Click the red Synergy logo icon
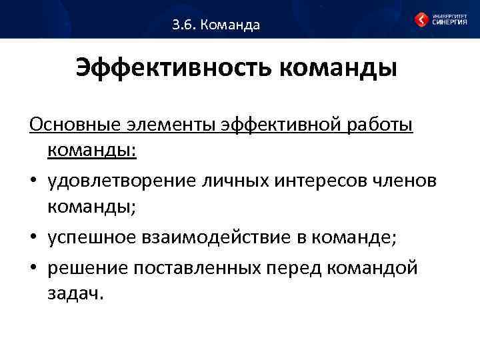pyautogui.click(x=421, y=19)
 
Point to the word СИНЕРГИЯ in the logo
pyautogui.click(x=449, y=22)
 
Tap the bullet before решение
pyautogui.click(x=33, y=269)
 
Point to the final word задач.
pyautogui.click(x=75, y=294)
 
